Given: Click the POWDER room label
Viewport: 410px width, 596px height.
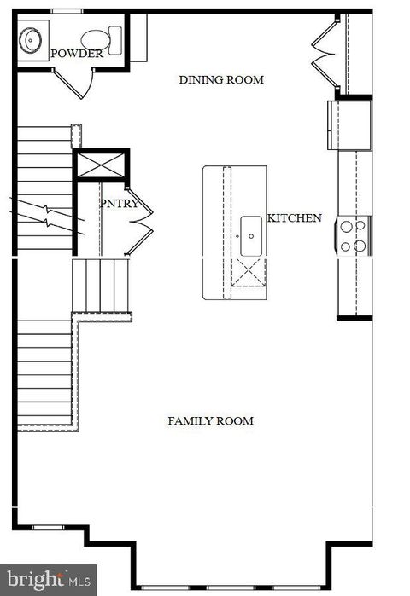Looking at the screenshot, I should click(77, 54).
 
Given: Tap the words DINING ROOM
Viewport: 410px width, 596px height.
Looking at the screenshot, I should click(221, 80).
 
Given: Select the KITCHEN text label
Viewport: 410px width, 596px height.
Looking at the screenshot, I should click(295, 218).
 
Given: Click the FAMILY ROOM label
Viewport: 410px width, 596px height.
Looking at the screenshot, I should click(210, 421).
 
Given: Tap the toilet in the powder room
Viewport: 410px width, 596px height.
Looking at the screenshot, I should click(99, 39).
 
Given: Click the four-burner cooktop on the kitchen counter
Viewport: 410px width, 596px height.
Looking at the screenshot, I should click(354, 235).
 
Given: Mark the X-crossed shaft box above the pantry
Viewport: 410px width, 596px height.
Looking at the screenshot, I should click(101, 165).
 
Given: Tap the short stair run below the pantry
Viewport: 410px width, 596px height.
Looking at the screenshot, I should click(100, 286).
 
